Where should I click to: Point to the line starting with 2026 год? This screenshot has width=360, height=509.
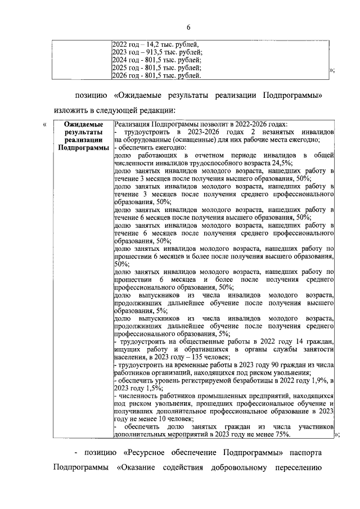coord(157,75)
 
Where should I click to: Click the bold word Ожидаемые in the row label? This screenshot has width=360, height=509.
coord(83,124)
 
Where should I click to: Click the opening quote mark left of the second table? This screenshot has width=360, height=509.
coord(44,124)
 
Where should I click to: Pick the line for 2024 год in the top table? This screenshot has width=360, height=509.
coord(157,59)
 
